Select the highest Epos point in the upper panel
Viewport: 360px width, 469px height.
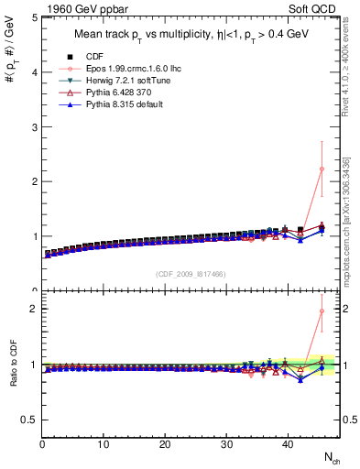point(322,169)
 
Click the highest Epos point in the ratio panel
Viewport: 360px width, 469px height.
point(322,311)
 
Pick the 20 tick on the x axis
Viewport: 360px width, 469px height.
point(165,445)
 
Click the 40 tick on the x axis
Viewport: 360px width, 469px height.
point(288,445)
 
